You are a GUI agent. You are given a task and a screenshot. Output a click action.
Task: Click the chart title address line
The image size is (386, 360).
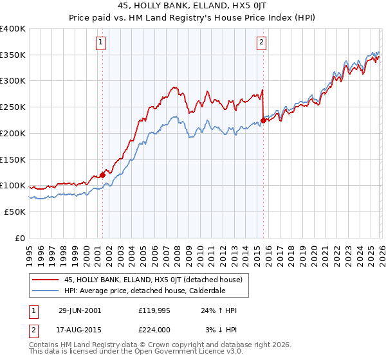[193, 5]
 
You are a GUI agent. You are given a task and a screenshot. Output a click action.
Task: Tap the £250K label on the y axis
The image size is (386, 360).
[13, 107]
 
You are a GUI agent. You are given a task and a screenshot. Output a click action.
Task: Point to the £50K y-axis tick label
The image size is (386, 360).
[15, 212]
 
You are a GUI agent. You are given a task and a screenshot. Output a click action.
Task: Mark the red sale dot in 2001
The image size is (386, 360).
[102, 174]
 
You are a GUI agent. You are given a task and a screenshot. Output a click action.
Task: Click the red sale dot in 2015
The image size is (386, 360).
[264, 120]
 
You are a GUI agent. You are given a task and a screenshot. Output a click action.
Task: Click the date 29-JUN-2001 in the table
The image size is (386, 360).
[80, 310]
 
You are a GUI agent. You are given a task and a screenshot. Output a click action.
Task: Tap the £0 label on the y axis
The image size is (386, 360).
[19, 238]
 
